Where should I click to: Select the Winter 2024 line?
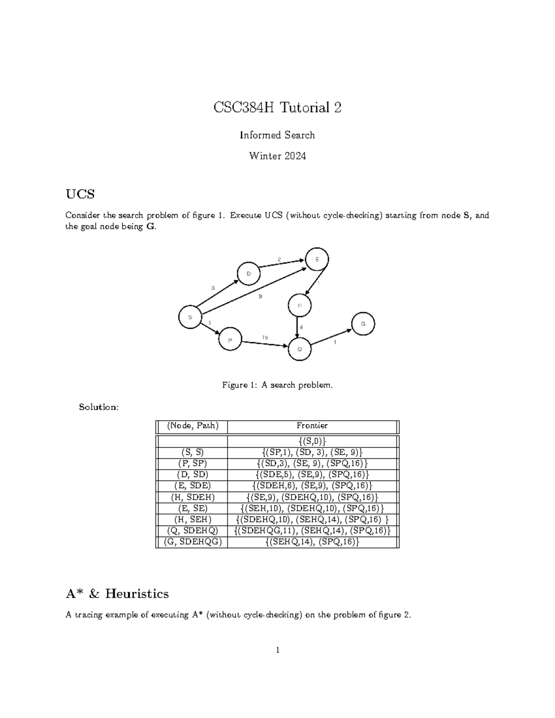[277, 156]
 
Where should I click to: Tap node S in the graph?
[190, 317]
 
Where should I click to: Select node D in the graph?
[249, 274]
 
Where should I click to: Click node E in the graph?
[317, 259]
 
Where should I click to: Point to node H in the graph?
[300, 306]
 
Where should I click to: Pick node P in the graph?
[230, 340]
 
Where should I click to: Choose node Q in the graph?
[300, 349]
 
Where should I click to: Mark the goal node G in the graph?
[363, 324]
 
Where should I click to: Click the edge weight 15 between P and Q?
[265, 338]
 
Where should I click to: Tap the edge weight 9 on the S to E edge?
[260, 296]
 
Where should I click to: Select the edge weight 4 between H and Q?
[302, 327]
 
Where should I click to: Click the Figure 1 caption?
[277, 385]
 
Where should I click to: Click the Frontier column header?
[312, 426]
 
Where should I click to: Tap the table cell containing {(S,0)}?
[312, 441]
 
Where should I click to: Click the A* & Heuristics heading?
[117, 594]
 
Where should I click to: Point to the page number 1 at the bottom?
[277, 650]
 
